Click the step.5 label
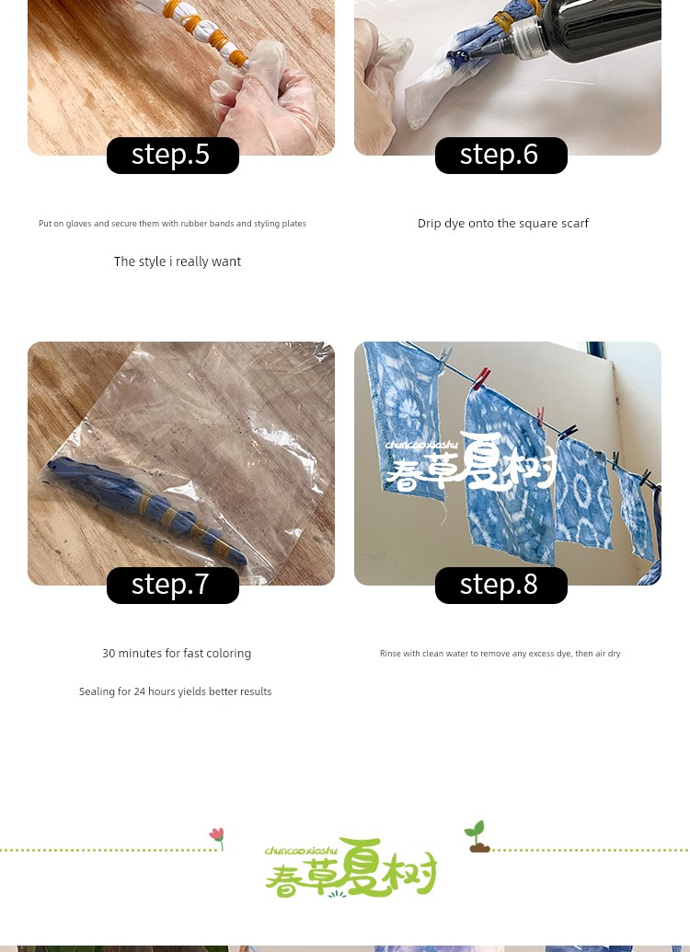(172, 155)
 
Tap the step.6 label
(500, 155)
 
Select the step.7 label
(172, 585)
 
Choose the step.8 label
(500, 585)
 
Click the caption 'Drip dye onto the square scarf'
(503, 224)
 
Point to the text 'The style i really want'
(178, 261)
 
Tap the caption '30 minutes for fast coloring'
(177, 654)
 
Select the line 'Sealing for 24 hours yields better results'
(176, 691)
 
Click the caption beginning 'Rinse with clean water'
(500, 654)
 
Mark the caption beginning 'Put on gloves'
(172, 224)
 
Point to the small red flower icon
(217, 838)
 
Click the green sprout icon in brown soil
(478, 837)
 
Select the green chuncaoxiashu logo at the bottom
(351, 868)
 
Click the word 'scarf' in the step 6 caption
(575, 224)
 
